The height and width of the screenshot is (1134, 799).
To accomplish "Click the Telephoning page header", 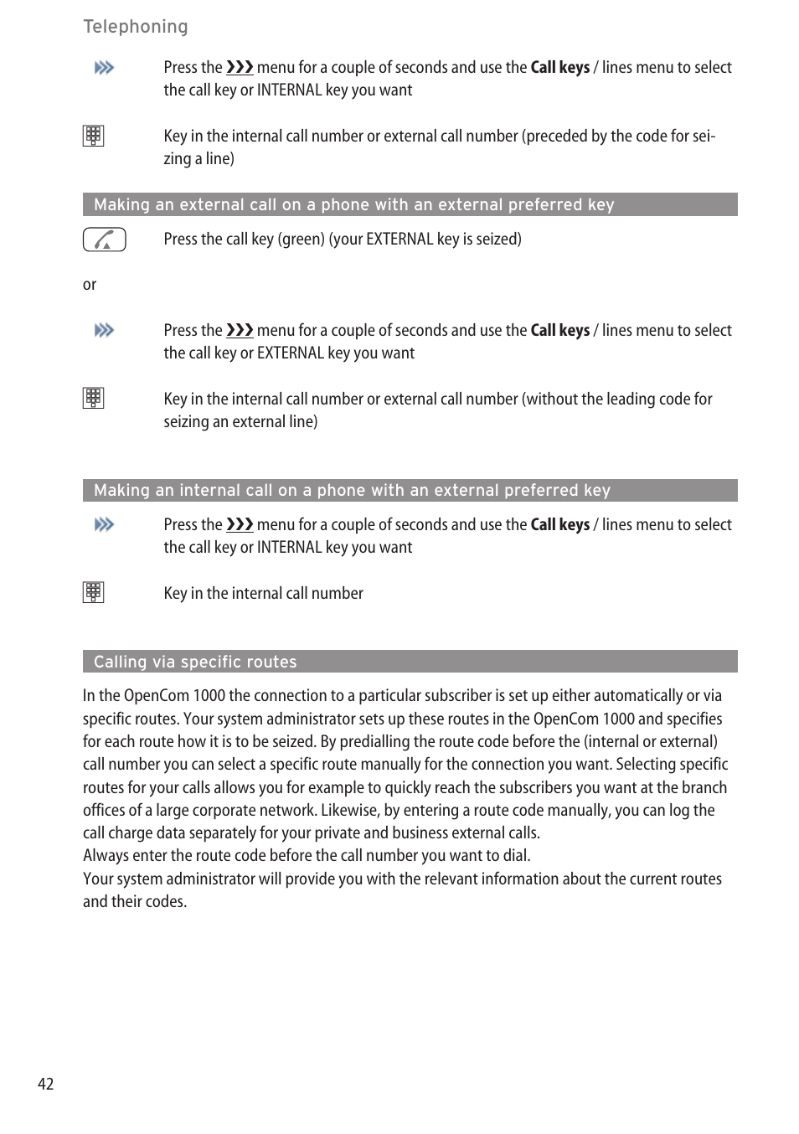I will point(136,27).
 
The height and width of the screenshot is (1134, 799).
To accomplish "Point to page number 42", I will point(45,1084).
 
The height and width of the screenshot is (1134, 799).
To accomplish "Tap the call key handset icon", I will point(104,240).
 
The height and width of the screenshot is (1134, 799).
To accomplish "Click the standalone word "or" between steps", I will point(90,285).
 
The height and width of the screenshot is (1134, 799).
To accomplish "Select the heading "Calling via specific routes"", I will point(195,662).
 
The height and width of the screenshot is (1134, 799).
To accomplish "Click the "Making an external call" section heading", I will point(353,204).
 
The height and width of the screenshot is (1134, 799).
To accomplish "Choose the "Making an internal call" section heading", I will point(352,490).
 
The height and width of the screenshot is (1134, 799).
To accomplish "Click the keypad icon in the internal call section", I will point(93,592).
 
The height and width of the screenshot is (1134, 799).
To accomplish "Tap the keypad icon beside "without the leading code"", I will point(93,398).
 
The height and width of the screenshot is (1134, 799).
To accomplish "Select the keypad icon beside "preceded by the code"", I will point(93,136).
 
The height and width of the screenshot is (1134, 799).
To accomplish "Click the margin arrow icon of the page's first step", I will point(104,68).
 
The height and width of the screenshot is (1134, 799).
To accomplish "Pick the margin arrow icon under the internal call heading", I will point(104,525).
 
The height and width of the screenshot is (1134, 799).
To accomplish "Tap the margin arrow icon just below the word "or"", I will point(104,331).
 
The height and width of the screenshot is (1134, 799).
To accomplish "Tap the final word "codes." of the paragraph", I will point(166,901).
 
